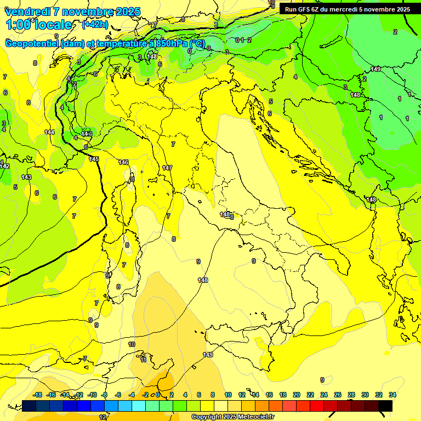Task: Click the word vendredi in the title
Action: pos(27,12)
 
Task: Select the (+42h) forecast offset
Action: pos(94,24)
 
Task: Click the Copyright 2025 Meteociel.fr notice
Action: pos(232,417)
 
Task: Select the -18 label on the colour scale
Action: pos(37,395)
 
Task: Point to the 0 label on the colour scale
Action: pos(158,395)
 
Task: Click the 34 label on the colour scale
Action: pos(392,395)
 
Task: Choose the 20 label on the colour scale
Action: pos(297,395)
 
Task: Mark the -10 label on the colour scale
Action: pos(92,395)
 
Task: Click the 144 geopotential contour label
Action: pos(49,132)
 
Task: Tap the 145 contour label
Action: pos(94,159)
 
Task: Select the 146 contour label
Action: pos(123,162)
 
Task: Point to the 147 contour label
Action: pos(167,168)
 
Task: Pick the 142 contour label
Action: pos(5,166)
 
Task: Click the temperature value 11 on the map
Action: pos(143,360)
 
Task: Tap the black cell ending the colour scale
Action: pos(385,406)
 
